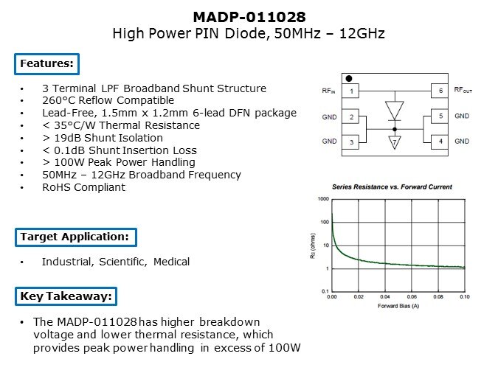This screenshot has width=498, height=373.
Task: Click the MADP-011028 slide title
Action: [249, 17]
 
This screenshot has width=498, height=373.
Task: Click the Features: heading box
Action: [46, 64]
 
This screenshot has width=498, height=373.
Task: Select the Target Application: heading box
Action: [75, 237]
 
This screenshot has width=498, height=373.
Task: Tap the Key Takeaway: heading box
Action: [66, 296]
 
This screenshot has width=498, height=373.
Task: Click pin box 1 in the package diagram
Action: [350, 91]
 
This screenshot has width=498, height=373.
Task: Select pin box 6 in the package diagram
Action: [440, 91]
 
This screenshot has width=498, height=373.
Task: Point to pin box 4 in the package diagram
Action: [440, 142]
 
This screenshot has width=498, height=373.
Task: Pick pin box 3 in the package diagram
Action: [350, 142]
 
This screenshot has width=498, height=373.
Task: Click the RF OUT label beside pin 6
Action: [463, 90]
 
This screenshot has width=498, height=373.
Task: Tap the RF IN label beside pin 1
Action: [328, 91]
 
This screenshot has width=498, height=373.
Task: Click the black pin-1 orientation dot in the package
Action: [349, 78]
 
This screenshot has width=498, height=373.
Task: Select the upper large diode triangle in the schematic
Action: [395, 110]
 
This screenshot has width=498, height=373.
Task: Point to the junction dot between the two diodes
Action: [395, 129]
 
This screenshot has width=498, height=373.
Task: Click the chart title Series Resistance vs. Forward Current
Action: [392, 187]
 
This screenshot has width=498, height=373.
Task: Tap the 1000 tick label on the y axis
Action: [323, 199]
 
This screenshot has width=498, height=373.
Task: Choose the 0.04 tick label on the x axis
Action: [385, 297]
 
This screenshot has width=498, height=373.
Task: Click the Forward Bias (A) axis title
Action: [398, 306]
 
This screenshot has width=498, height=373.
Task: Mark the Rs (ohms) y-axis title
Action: [313, 246]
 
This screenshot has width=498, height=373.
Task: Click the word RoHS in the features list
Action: [57, 187]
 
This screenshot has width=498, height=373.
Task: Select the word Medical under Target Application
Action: [171, 262]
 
